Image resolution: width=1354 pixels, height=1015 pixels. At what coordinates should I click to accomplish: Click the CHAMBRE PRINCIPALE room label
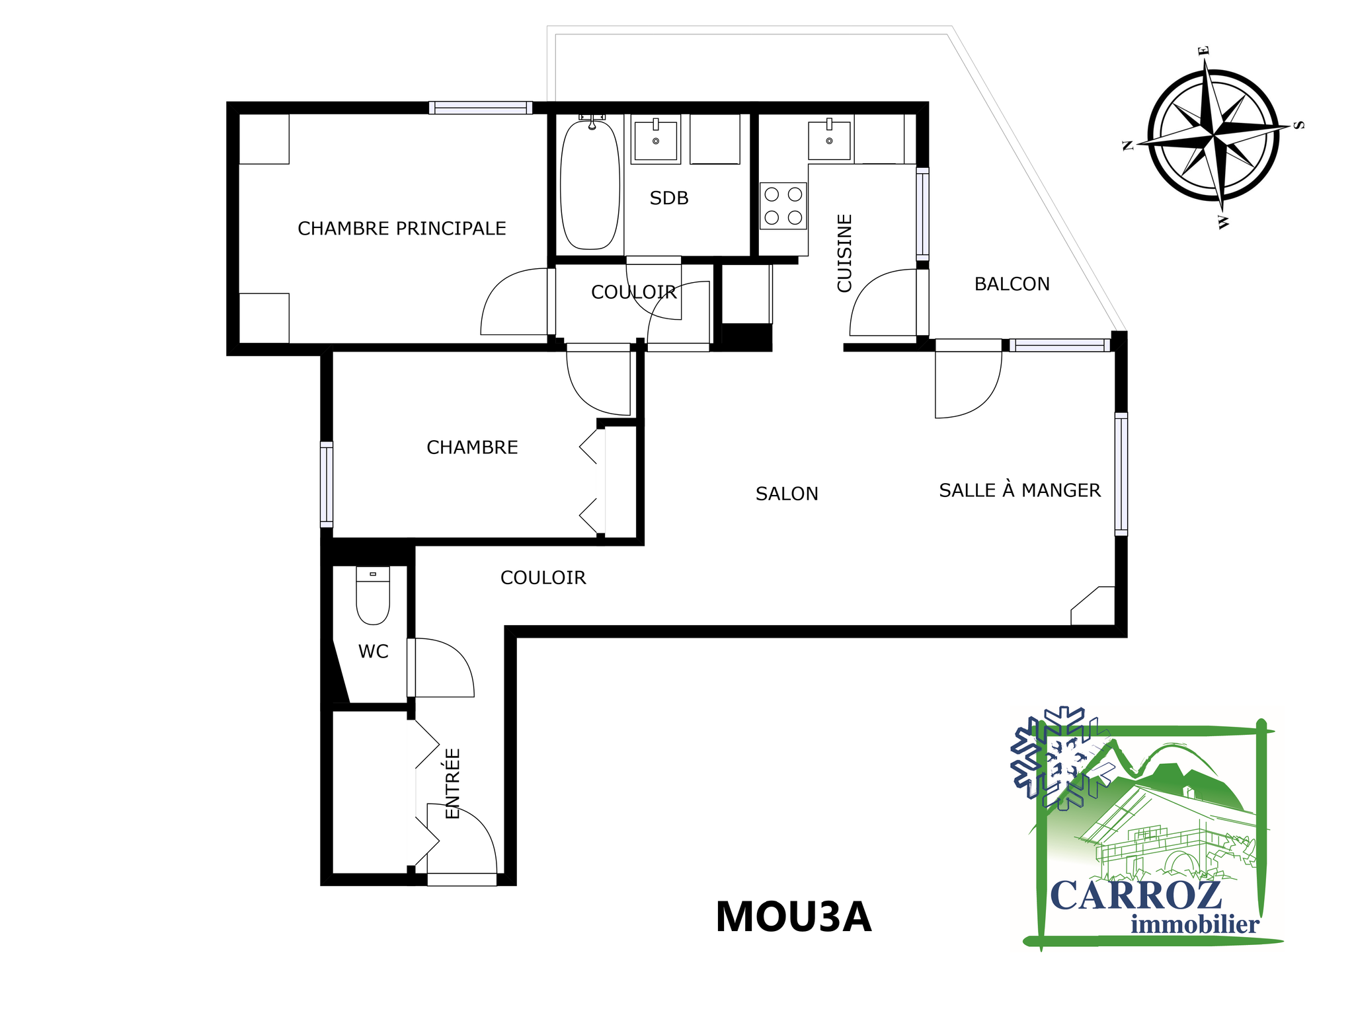402,229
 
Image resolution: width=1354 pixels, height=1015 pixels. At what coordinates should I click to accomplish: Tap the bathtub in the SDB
590,184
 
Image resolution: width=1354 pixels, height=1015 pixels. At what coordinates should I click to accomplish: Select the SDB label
669,198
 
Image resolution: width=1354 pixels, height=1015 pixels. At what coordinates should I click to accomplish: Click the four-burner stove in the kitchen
783,206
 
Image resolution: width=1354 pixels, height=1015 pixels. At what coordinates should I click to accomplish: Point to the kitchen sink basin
829,139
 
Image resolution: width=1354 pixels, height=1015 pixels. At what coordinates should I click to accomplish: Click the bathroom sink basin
655,139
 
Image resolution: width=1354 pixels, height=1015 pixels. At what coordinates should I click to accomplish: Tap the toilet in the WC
373,595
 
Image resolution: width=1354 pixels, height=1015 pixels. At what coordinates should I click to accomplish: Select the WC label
373,652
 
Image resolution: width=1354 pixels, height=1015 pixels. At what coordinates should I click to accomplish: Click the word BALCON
1012,284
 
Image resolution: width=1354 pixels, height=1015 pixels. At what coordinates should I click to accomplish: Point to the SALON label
787,494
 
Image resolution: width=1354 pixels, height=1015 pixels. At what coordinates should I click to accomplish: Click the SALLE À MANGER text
1020,490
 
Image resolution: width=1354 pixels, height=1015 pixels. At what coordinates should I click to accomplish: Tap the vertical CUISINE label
845,253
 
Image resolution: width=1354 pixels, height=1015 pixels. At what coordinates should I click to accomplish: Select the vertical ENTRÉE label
452,784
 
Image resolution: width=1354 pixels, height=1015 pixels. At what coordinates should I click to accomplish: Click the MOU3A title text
793,917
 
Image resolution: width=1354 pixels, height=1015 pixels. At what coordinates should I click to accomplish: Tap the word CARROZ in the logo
1136,896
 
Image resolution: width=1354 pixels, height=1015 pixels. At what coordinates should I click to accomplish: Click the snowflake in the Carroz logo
1060,758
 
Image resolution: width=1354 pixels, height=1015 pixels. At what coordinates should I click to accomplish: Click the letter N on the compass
1129,145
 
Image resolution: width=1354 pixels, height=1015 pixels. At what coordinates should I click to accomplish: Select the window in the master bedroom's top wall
481,108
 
